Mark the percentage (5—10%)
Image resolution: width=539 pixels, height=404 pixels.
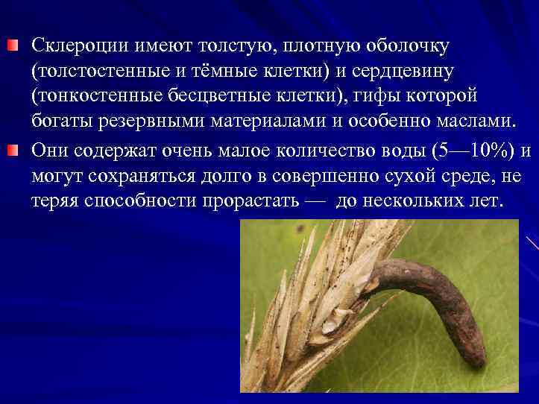pyautogui.click(x=464, y=152)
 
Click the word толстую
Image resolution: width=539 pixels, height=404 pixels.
pyautogui.click(x=232, y=47)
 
